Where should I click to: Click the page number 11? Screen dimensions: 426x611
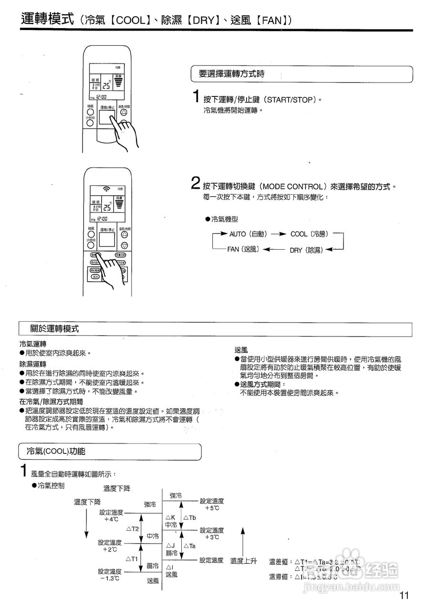405,595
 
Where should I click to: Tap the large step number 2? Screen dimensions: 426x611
195,183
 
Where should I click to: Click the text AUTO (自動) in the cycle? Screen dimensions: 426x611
248,234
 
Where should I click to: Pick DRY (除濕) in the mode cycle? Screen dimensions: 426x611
306,250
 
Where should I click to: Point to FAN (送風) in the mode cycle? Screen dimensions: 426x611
243,249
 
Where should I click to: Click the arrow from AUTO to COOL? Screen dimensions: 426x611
278,234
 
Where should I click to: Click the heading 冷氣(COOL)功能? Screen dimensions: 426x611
53,451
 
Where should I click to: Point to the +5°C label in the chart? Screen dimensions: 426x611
211,508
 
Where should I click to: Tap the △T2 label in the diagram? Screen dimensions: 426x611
132,529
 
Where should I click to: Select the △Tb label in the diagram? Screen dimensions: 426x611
189,517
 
